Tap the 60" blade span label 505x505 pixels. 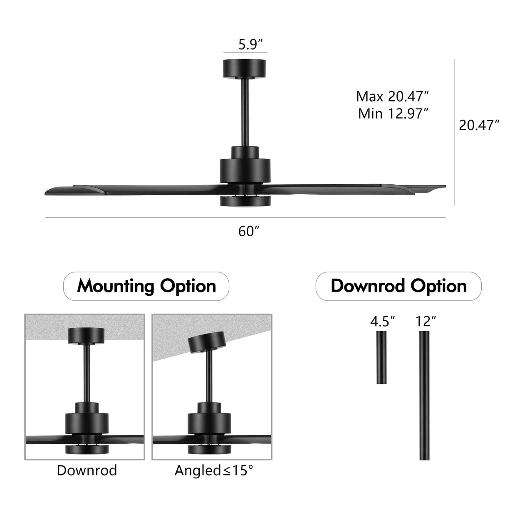(x=249, y=231)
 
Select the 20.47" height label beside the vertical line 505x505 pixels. (x=479, y=125)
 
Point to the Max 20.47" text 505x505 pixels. (x=392, y=97)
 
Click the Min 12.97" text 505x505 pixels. (x=393, y=113)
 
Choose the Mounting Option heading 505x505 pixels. (x=146, y=286)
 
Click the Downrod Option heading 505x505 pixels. (x=398, y=286)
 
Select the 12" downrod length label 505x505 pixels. (x=426, y=322)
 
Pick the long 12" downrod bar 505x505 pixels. (x=424, y=395)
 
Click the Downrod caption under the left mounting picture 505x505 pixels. (x=87, y=470)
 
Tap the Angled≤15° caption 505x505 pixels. (x=213, y=470)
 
